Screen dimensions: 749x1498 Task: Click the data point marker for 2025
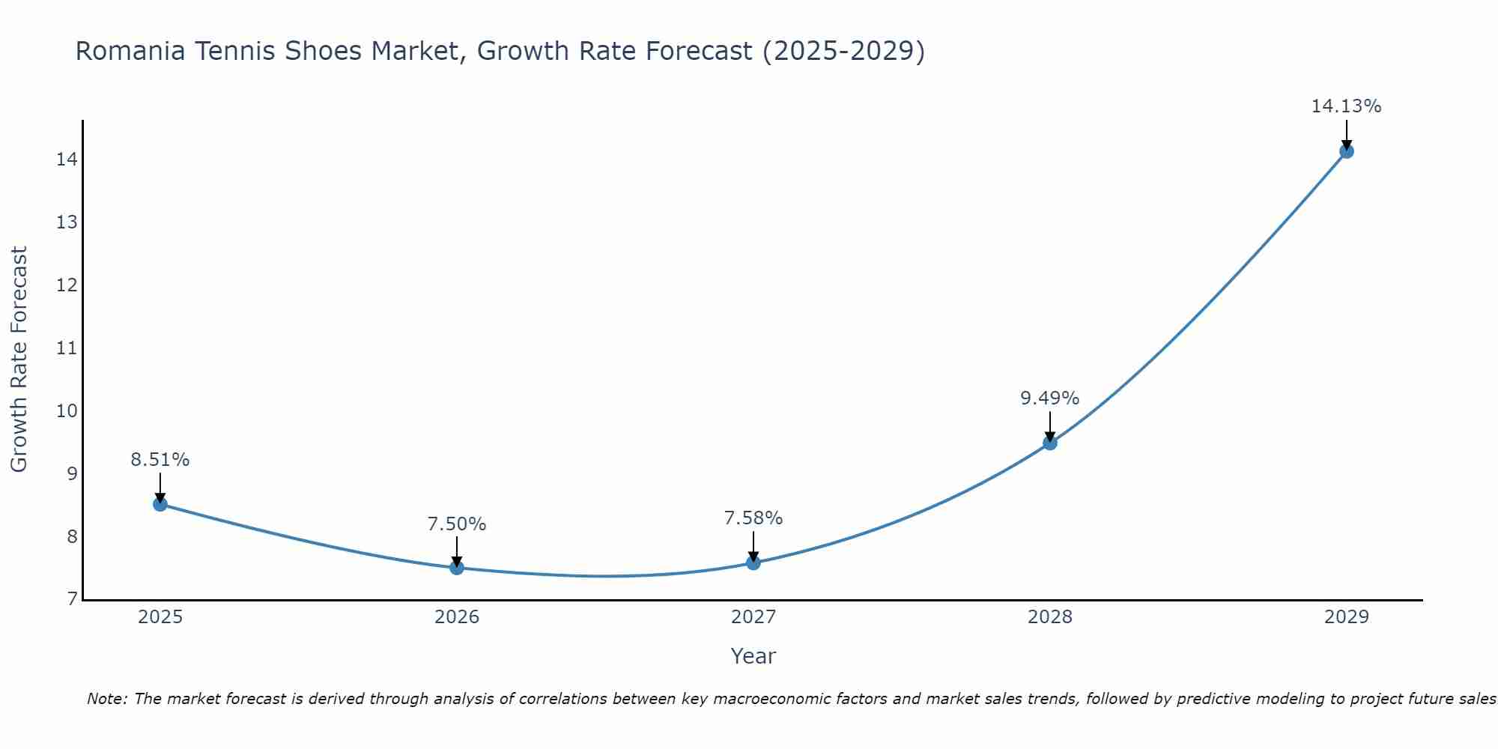coord(160,504)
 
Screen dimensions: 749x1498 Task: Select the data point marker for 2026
coord(457,568)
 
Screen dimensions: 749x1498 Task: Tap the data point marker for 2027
coord(753,562)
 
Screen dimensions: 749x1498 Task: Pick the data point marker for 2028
coord(1050,443)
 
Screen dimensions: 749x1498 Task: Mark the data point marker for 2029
coord(1347,151)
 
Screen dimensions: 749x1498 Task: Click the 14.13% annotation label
coord(1346,106)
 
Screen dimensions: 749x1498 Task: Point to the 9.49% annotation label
coord(1049,398)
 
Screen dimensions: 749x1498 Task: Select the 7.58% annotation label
coord(753,518)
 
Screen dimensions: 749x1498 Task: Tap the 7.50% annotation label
coord(456,524)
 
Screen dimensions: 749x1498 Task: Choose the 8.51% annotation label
coord(160,460)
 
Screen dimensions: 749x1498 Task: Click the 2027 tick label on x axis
coord(753,617)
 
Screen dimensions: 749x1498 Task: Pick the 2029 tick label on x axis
coord(1347,617)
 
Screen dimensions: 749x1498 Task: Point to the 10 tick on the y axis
coord(66,411)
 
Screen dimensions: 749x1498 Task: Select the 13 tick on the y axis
coord(66,222)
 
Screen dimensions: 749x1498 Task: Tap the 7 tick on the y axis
coord(71,599)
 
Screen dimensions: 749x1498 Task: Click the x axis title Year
coord(753,656)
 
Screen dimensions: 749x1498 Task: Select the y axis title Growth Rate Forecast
coord(19,360)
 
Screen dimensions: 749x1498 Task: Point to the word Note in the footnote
coord(107,700)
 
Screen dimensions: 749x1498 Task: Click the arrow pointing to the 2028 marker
coord(1050,426)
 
